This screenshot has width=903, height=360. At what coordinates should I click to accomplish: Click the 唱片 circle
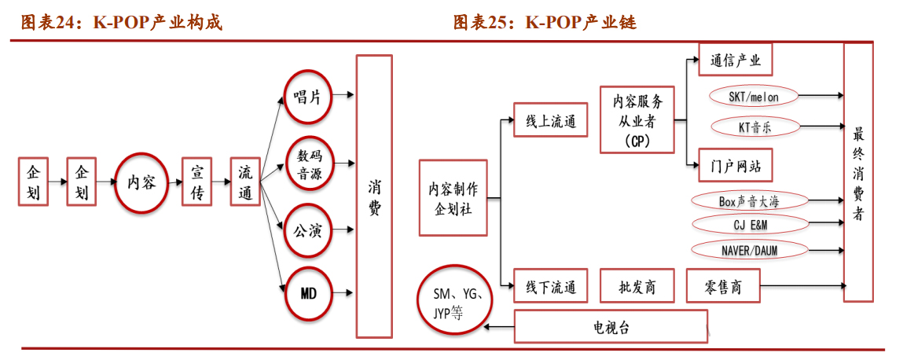click(307, 97)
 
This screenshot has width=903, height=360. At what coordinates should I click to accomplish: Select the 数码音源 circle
click(309, 165)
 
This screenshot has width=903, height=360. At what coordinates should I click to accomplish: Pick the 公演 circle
click(307, 231)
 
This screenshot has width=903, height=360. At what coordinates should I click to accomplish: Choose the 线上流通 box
click(550, 120)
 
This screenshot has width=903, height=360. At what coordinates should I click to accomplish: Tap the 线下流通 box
click(550, 287)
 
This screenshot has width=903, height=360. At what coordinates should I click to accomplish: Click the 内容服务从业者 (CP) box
click(637, 120)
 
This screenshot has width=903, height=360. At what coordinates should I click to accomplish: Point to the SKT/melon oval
click(753, 97)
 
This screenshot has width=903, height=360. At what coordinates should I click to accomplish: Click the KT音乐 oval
click(753, 126)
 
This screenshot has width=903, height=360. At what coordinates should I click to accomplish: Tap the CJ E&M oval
click(750, 224)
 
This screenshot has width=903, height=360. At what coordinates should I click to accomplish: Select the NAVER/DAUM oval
click(750, 250)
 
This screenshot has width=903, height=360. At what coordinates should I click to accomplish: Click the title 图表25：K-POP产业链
click(545, 22)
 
